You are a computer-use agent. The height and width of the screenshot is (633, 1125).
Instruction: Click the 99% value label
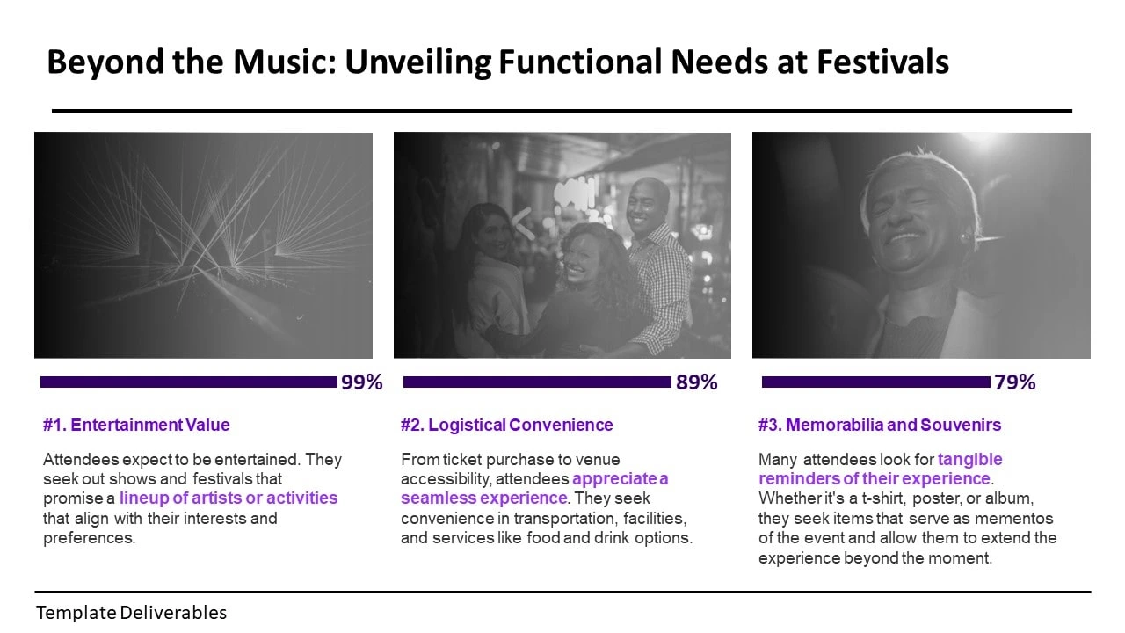coord(361,382)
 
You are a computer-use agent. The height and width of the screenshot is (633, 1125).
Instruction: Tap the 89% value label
coord(697,382)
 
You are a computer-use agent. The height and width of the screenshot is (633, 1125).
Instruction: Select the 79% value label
coord(1014,382)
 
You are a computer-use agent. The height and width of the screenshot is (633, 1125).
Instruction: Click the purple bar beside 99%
coord(189,382)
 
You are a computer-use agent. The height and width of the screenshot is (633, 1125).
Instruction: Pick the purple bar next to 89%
coord(537,382)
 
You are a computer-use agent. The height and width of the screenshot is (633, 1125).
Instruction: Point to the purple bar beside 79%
coord(876,382)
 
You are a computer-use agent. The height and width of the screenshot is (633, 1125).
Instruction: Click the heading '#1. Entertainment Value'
coord(136,425)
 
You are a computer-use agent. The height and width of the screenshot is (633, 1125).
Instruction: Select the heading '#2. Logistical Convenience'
coord(507,425)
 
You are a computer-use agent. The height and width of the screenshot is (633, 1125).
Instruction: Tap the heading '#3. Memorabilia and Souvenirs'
coord(880,425)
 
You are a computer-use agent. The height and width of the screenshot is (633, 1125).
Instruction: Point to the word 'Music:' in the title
coord(285,62)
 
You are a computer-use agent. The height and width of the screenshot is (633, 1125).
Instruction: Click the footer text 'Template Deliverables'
coord(132,613)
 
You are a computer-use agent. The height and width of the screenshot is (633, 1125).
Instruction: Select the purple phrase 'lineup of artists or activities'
coord(229,498)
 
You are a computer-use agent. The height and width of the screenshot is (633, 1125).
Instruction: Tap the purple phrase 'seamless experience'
coord(484,498)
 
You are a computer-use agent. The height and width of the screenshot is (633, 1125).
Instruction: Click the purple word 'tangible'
coord(969,459)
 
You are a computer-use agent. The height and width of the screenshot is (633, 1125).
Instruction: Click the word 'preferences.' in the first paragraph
coord(90,538)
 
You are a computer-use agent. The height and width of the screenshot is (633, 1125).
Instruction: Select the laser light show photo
coord(203,245)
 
